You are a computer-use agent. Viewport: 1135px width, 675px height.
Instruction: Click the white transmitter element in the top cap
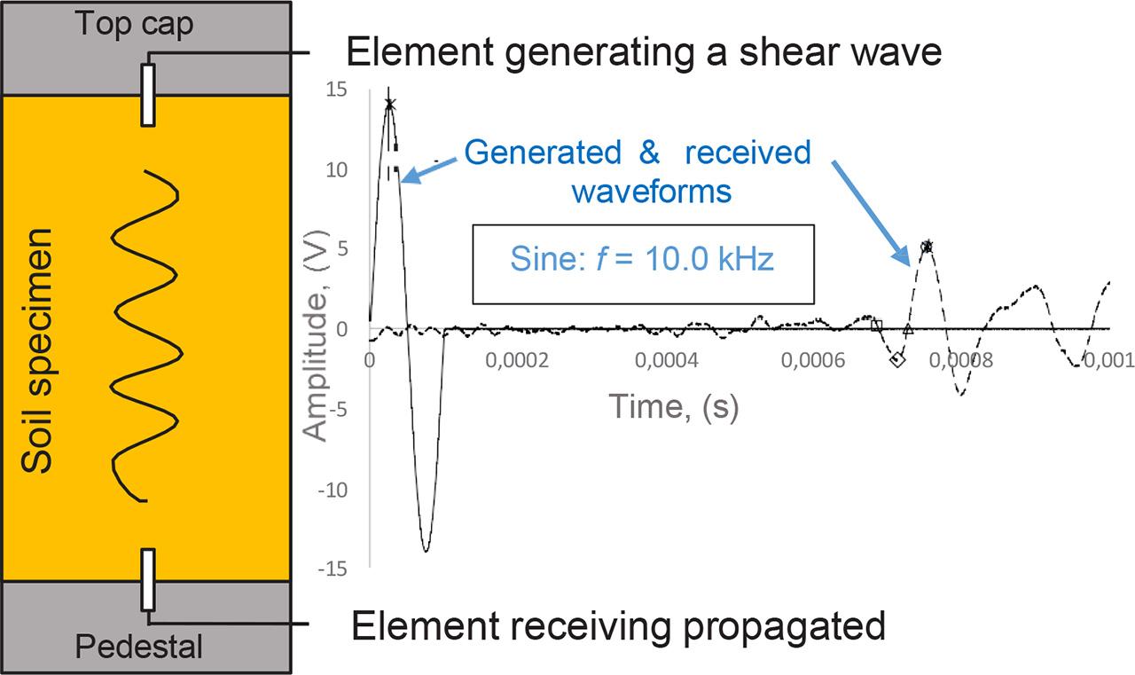148,93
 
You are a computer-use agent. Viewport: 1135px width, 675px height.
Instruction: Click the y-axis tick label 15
336,90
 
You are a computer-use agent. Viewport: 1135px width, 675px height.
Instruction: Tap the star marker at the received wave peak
928,246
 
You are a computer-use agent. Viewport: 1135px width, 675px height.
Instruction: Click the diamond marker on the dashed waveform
897,359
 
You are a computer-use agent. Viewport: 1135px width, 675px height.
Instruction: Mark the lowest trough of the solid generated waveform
427,551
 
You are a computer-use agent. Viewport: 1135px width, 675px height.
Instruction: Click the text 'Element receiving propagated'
619,626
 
